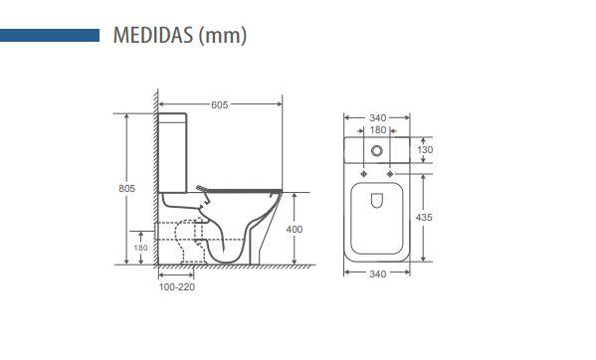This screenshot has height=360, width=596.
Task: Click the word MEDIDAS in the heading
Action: click(153, 35)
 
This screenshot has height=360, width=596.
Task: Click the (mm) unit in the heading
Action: click(223, 36)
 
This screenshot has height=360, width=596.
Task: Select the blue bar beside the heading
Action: click(50, 36)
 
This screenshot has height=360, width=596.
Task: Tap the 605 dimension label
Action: click(220, 104)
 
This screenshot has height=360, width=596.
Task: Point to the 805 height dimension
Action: click(127, 188)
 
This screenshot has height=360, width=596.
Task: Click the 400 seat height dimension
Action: click(295, 229)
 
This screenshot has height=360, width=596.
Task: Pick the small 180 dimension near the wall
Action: click(140, 248)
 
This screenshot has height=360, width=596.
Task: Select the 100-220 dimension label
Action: click(177, 287)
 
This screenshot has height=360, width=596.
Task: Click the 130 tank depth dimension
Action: click(425, 149)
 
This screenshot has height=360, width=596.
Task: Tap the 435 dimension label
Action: click(424, 217)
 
